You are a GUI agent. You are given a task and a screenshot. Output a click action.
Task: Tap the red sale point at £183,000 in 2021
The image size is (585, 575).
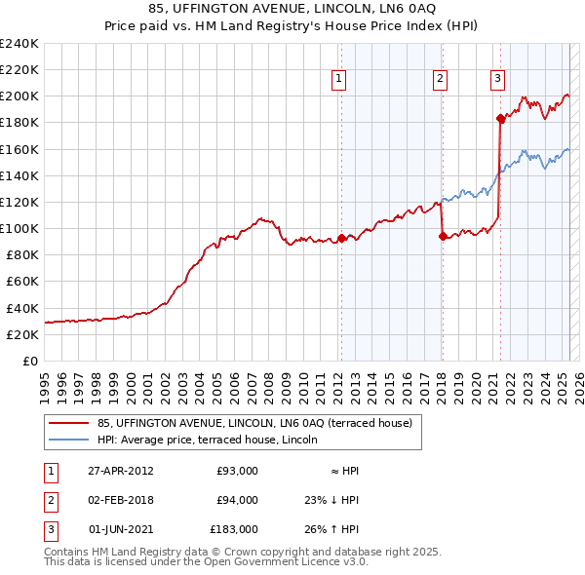pyautogui.click(x=501, y=119)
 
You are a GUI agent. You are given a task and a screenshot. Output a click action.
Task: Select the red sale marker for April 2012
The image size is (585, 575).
pyautogui.click(x=341, y=238)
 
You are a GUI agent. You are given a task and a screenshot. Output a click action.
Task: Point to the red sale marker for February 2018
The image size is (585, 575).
pyautogui.click(x=443, y=236)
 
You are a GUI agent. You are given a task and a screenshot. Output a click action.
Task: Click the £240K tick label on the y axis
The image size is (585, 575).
pyautogui.click(x=19, y=44)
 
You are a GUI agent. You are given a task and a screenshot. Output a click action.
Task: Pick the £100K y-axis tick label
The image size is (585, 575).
pyautogui.click(x=19, y=228)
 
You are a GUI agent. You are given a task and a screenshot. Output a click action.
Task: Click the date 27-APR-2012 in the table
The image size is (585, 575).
pyautogui.click(x=121, y=471)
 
